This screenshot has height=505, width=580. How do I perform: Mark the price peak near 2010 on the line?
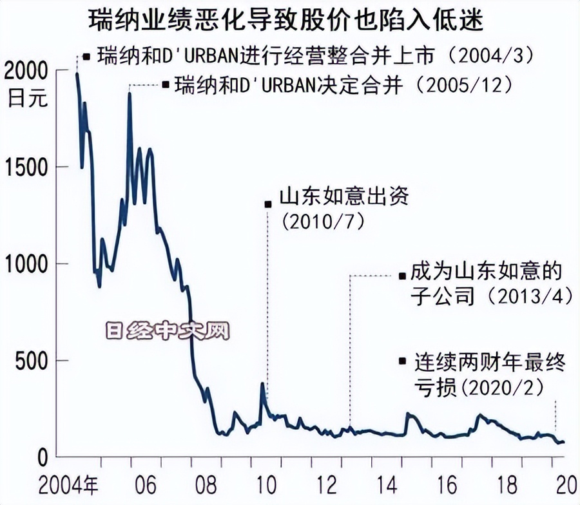(263, 385)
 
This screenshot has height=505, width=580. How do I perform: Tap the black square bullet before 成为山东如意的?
(403, 276)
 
